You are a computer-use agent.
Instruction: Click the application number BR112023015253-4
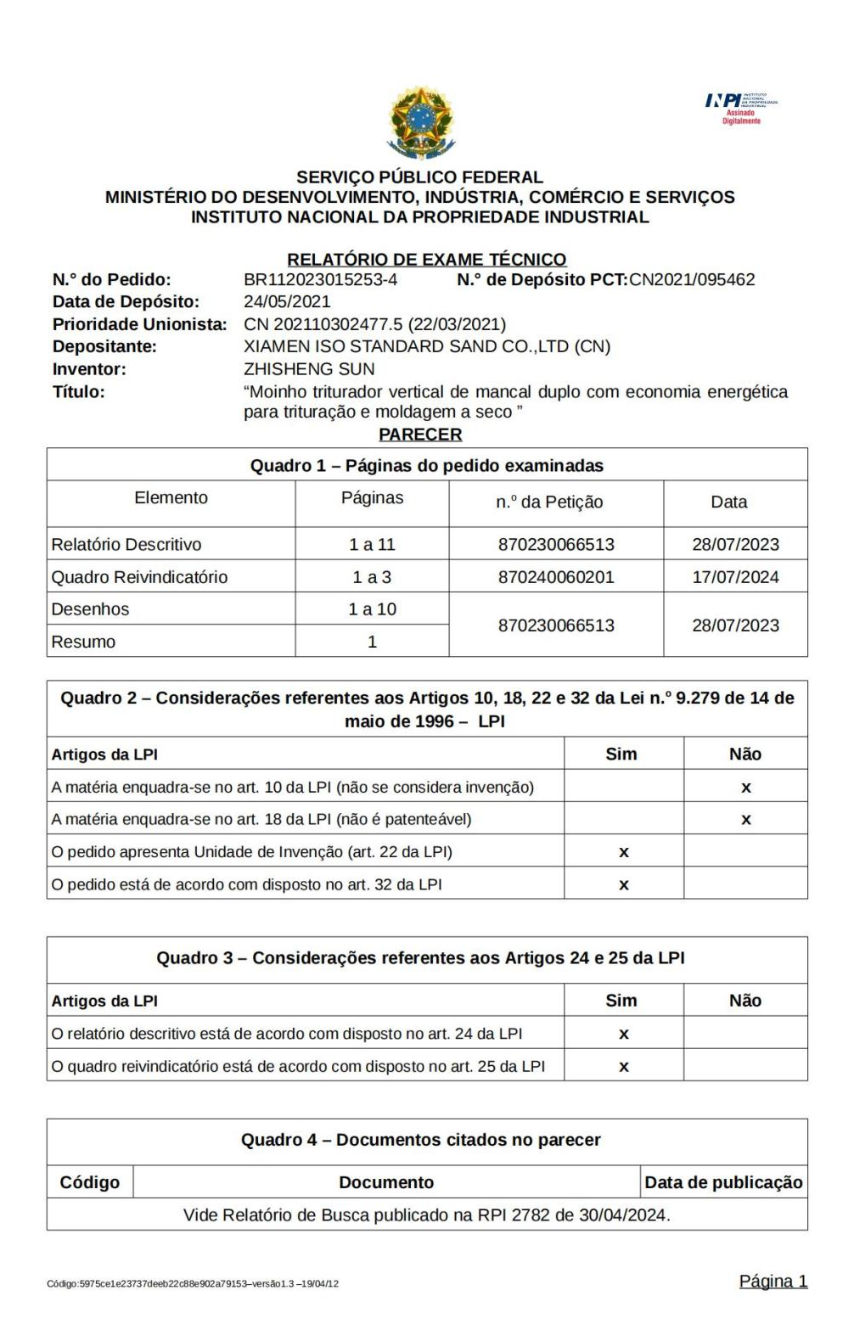tap(320, 279)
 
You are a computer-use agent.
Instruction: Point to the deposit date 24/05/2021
tap(287, 301)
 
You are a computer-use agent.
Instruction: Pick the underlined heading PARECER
tap(420, 435)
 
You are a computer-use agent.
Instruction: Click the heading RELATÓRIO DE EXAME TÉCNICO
tap(427, 259)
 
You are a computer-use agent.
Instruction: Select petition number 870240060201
tap(556, 577)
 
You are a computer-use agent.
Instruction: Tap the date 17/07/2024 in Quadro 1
tap(736, 577)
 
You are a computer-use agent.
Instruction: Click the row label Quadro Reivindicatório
tap(140, 577)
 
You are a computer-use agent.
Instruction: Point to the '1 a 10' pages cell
tap(372, 609)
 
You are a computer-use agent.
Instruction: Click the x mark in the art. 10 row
tap(746, 787)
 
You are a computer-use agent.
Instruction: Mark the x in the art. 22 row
tap(623, 851)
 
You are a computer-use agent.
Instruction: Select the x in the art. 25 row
tap(623, 1065)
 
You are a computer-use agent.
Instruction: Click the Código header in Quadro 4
tap(90, 1182)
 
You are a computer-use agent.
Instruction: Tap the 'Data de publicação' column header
tap(724, 1182)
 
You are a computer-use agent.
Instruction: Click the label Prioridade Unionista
tap(139, 324)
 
